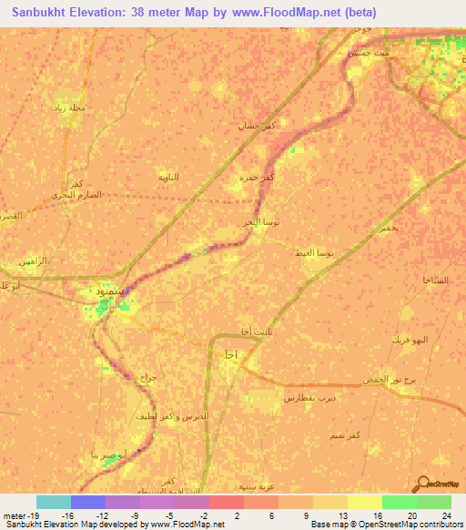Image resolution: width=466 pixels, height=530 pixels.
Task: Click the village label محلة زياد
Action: [x=70, y=107]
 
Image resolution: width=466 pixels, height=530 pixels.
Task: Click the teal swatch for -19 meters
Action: [x=54, y=502]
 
